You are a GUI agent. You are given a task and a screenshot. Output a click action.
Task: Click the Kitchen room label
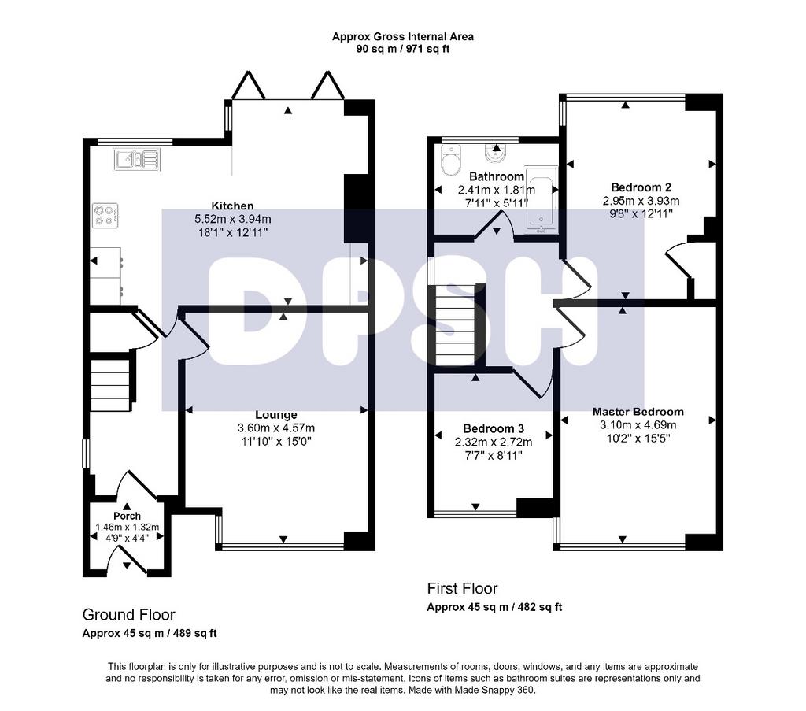(232, 206)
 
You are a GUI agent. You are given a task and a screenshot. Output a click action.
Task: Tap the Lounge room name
(276, 415)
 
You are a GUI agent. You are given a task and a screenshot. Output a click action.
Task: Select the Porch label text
(127, 516)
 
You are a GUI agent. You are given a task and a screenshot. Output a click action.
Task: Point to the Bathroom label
(497, 177)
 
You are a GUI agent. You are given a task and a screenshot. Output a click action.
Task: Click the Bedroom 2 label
(641, 187)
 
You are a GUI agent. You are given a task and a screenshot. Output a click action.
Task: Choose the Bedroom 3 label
(494, 429)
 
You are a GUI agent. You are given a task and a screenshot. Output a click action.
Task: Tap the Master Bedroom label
(638, 412)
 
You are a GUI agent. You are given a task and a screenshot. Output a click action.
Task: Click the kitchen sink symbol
(137, 159)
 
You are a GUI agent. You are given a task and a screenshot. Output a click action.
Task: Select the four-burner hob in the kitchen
(105, 216)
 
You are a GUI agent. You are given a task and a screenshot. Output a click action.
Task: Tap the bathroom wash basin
(497, 152)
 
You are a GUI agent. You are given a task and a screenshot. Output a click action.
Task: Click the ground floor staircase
(110, 384)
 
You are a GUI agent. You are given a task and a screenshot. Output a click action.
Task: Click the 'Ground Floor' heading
(128, 615)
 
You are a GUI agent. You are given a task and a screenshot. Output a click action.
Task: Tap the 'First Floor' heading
(462, 589)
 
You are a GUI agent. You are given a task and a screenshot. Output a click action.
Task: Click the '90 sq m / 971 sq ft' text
(403, 50)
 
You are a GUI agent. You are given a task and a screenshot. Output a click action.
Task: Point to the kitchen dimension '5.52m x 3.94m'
(233, 219)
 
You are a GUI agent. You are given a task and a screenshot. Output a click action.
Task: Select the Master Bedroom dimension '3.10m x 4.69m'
(638, 425)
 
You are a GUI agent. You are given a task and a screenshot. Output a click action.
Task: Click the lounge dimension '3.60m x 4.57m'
(276, 428)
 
